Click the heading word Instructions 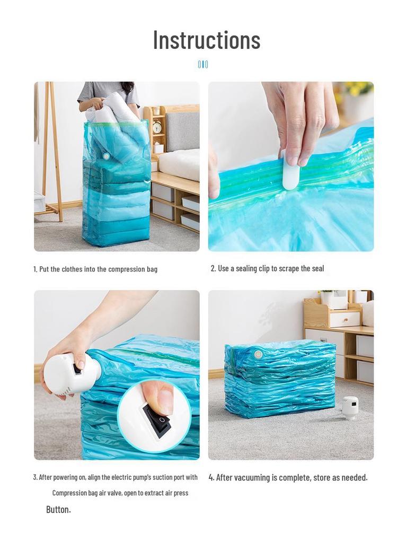point(207,40)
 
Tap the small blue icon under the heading point(203,64)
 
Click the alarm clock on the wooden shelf point(157,127)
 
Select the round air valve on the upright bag point(106,156)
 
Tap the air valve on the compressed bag point(258,354)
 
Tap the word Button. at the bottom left point(58,509)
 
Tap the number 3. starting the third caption point(36,477)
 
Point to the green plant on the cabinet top point(327,293)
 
